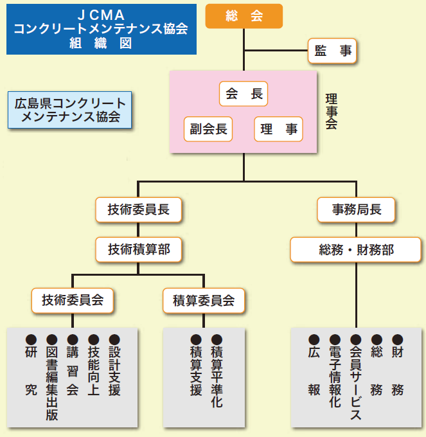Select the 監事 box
pos(333,51)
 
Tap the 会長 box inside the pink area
pos(244,94)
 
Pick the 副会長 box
pos(208,129)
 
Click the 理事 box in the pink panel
pos(279,129)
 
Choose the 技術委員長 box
pos(139,209)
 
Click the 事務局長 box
pos(357,209)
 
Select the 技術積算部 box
pos(139,249)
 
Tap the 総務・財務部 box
pos(357,249)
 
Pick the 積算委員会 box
pos(204,299)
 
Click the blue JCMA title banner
pos(101,30)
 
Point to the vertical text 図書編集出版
pos(52,383)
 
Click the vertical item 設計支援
pos(114,370)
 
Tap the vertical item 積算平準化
pos(217,377)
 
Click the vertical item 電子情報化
pos(335,377)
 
